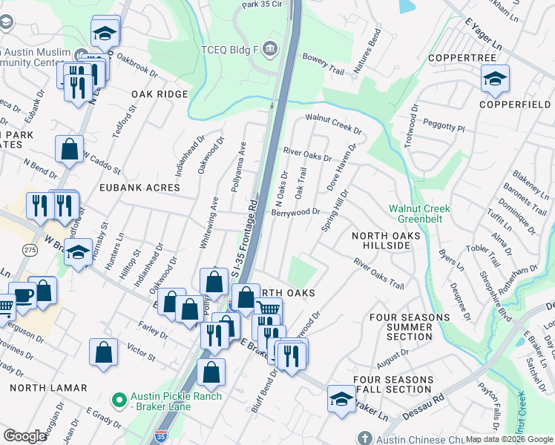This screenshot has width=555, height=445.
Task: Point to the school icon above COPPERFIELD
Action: (x=495, y=78)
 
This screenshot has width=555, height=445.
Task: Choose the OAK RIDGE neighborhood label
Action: (x=160, y=94)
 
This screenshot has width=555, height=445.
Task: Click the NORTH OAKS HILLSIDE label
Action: (x=386, y=241)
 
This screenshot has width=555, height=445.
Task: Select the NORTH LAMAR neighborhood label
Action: (x=49, y=387)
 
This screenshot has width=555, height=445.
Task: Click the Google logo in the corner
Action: (x=24, y=435)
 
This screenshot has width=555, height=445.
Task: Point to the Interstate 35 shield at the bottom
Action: (x=161, y=437)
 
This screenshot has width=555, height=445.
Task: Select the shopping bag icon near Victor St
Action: (x=103, y=352)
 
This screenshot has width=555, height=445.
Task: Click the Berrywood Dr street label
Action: (x=296, y=211)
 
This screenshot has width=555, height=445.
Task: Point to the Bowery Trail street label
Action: (x=324, y=65)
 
